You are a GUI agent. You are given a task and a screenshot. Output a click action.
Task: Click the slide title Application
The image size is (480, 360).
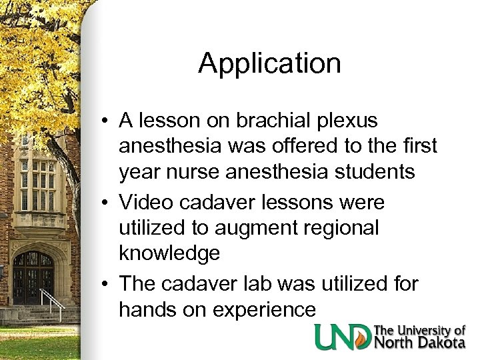click(x=269, y=64)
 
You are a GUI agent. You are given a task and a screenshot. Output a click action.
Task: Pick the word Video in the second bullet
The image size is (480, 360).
click(x=146, y=201)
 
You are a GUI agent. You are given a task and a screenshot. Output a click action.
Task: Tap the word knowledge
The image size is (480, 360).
click(x=169, y=254)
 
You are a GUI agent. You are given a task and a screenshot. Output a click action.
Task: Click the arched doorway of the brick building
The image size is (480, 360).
click(x=33, y=277)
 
